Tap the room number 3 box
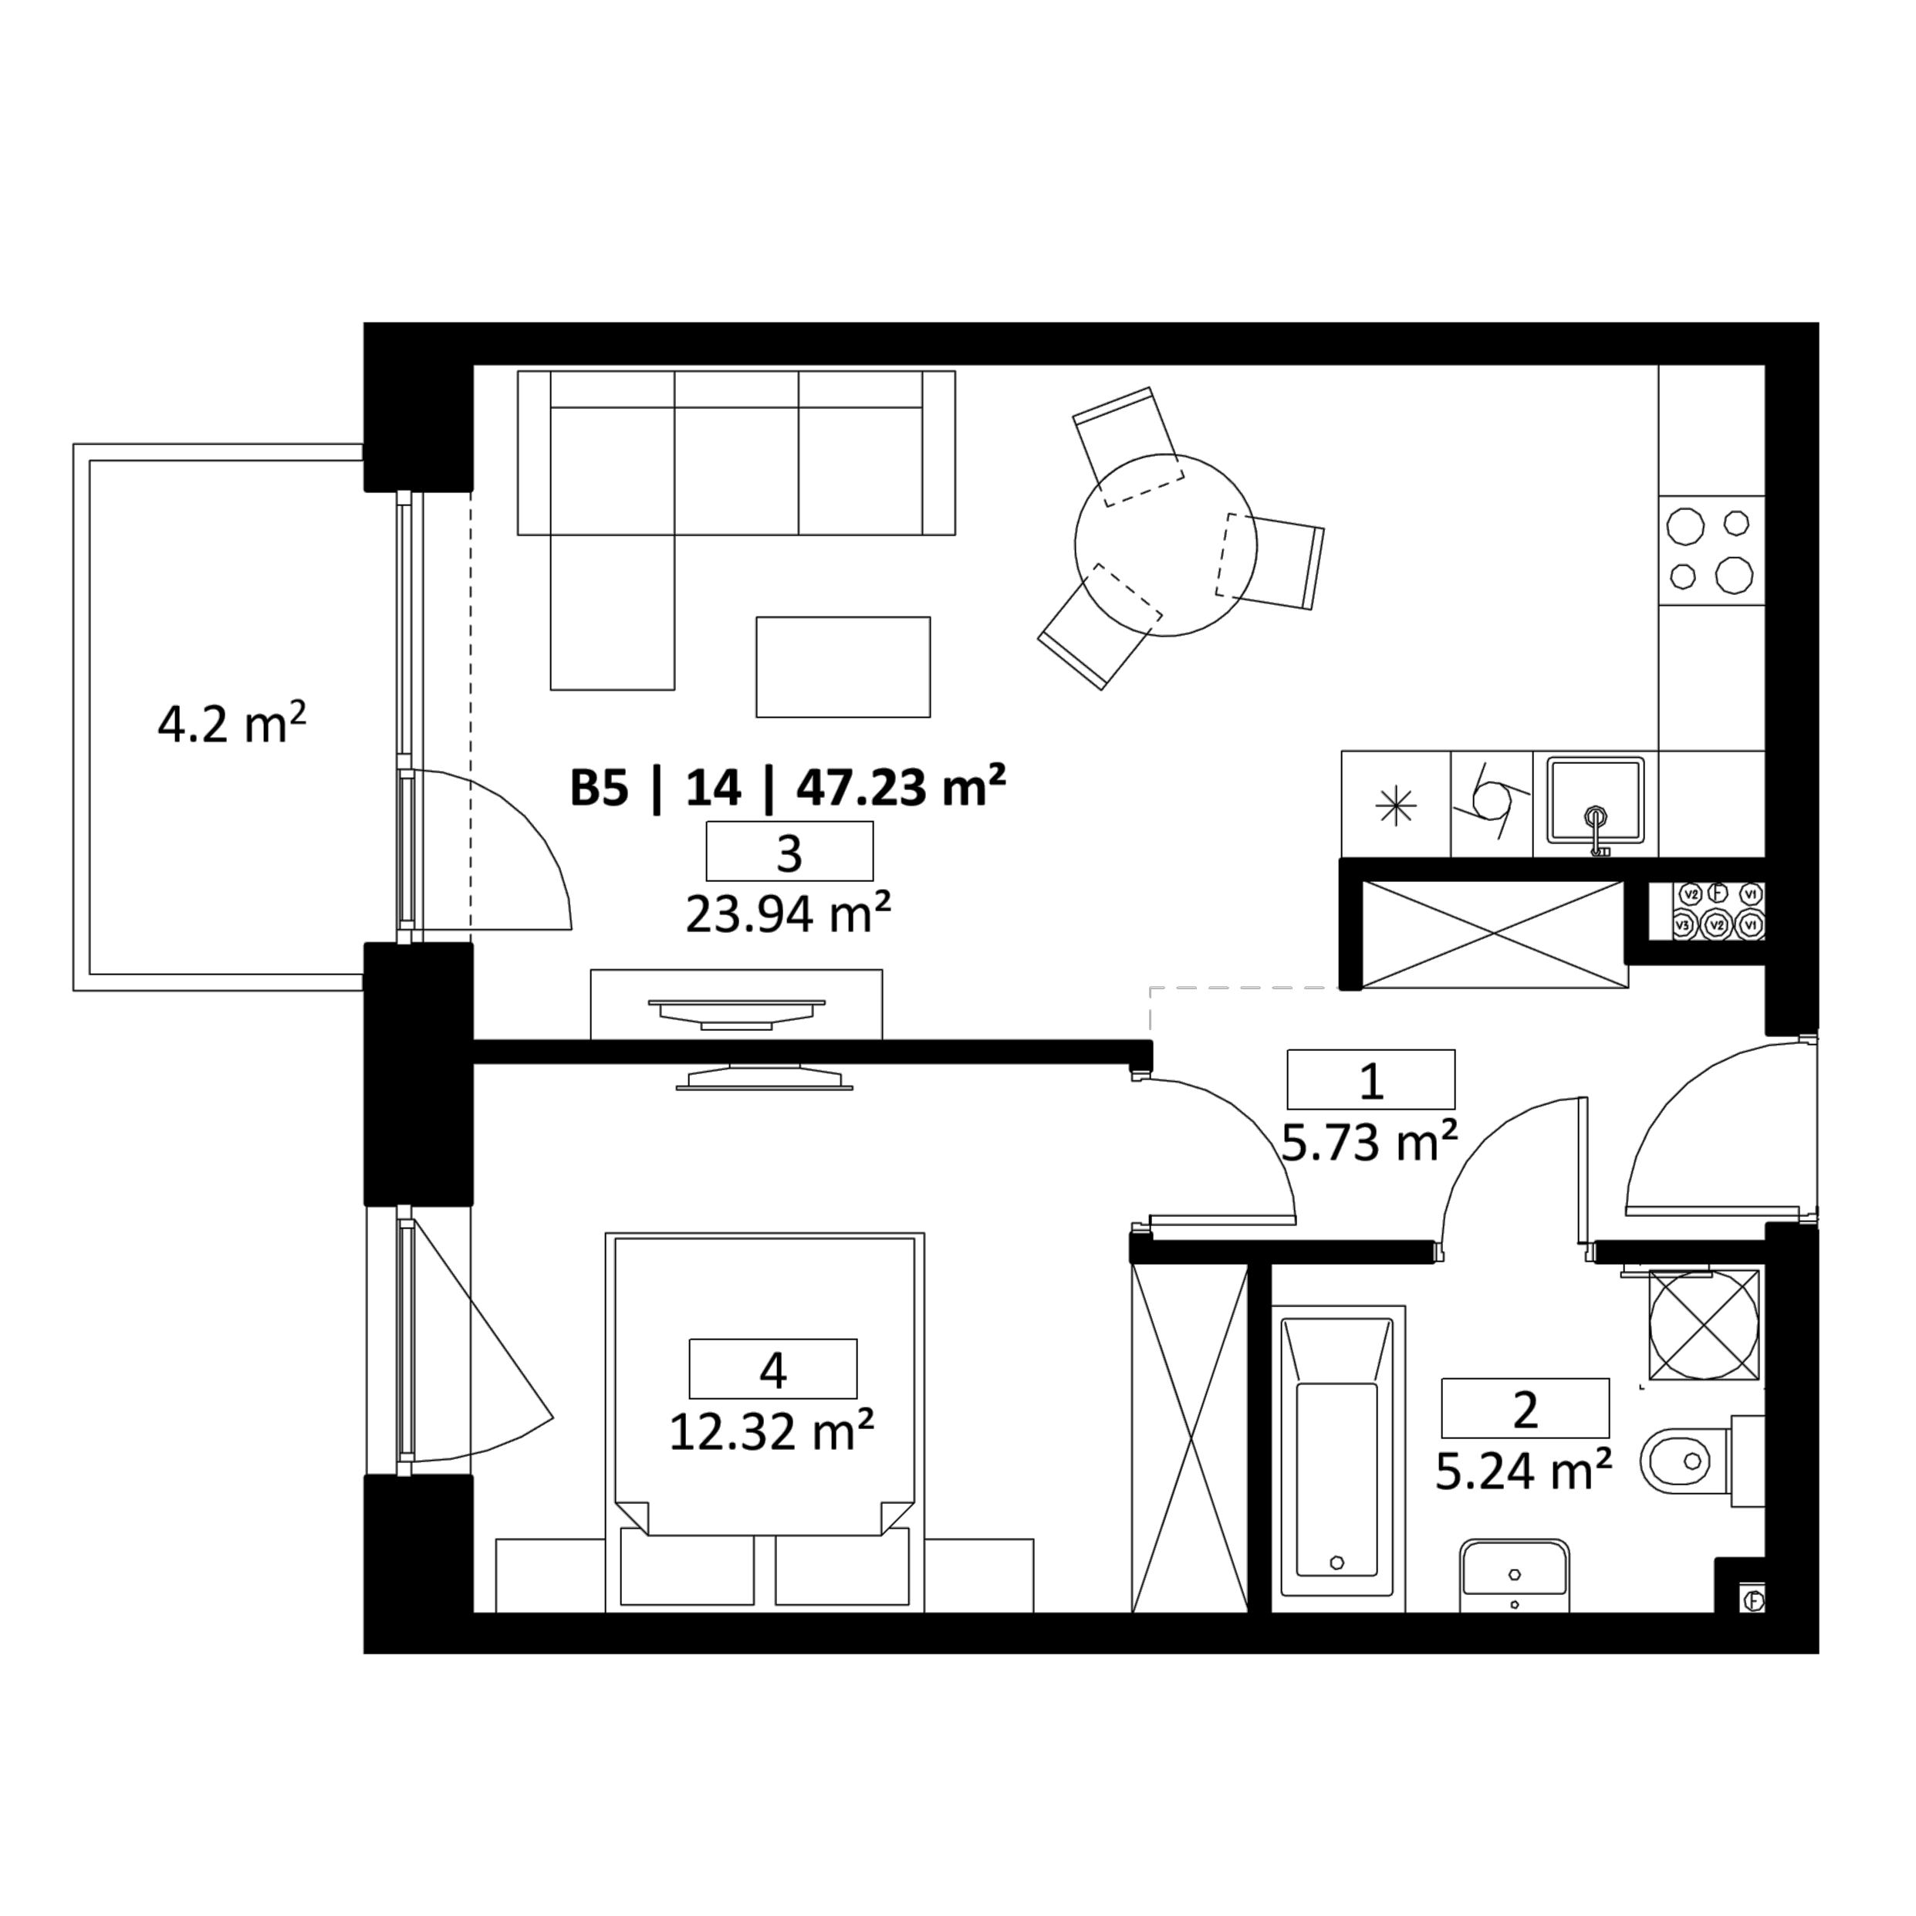[789, 851]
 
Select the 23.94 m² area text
[789, 914]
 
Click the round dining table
[1165, 545]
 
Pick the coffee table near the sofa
[843, 667]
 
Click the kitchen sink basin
[1596, 800]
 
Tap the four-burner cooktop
[1711, 549]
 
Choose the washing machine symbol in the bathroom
[1704, 1324]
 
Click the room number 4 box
[772, 1369]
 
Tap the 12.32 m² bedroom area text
[772, 1431]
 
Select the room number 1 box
[1370, 1079]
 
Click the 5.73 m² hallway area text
[1370, 1141]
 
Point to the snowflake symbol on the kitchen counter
[1395, 806]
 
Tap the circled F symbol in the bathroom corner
[1753, 1600]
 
